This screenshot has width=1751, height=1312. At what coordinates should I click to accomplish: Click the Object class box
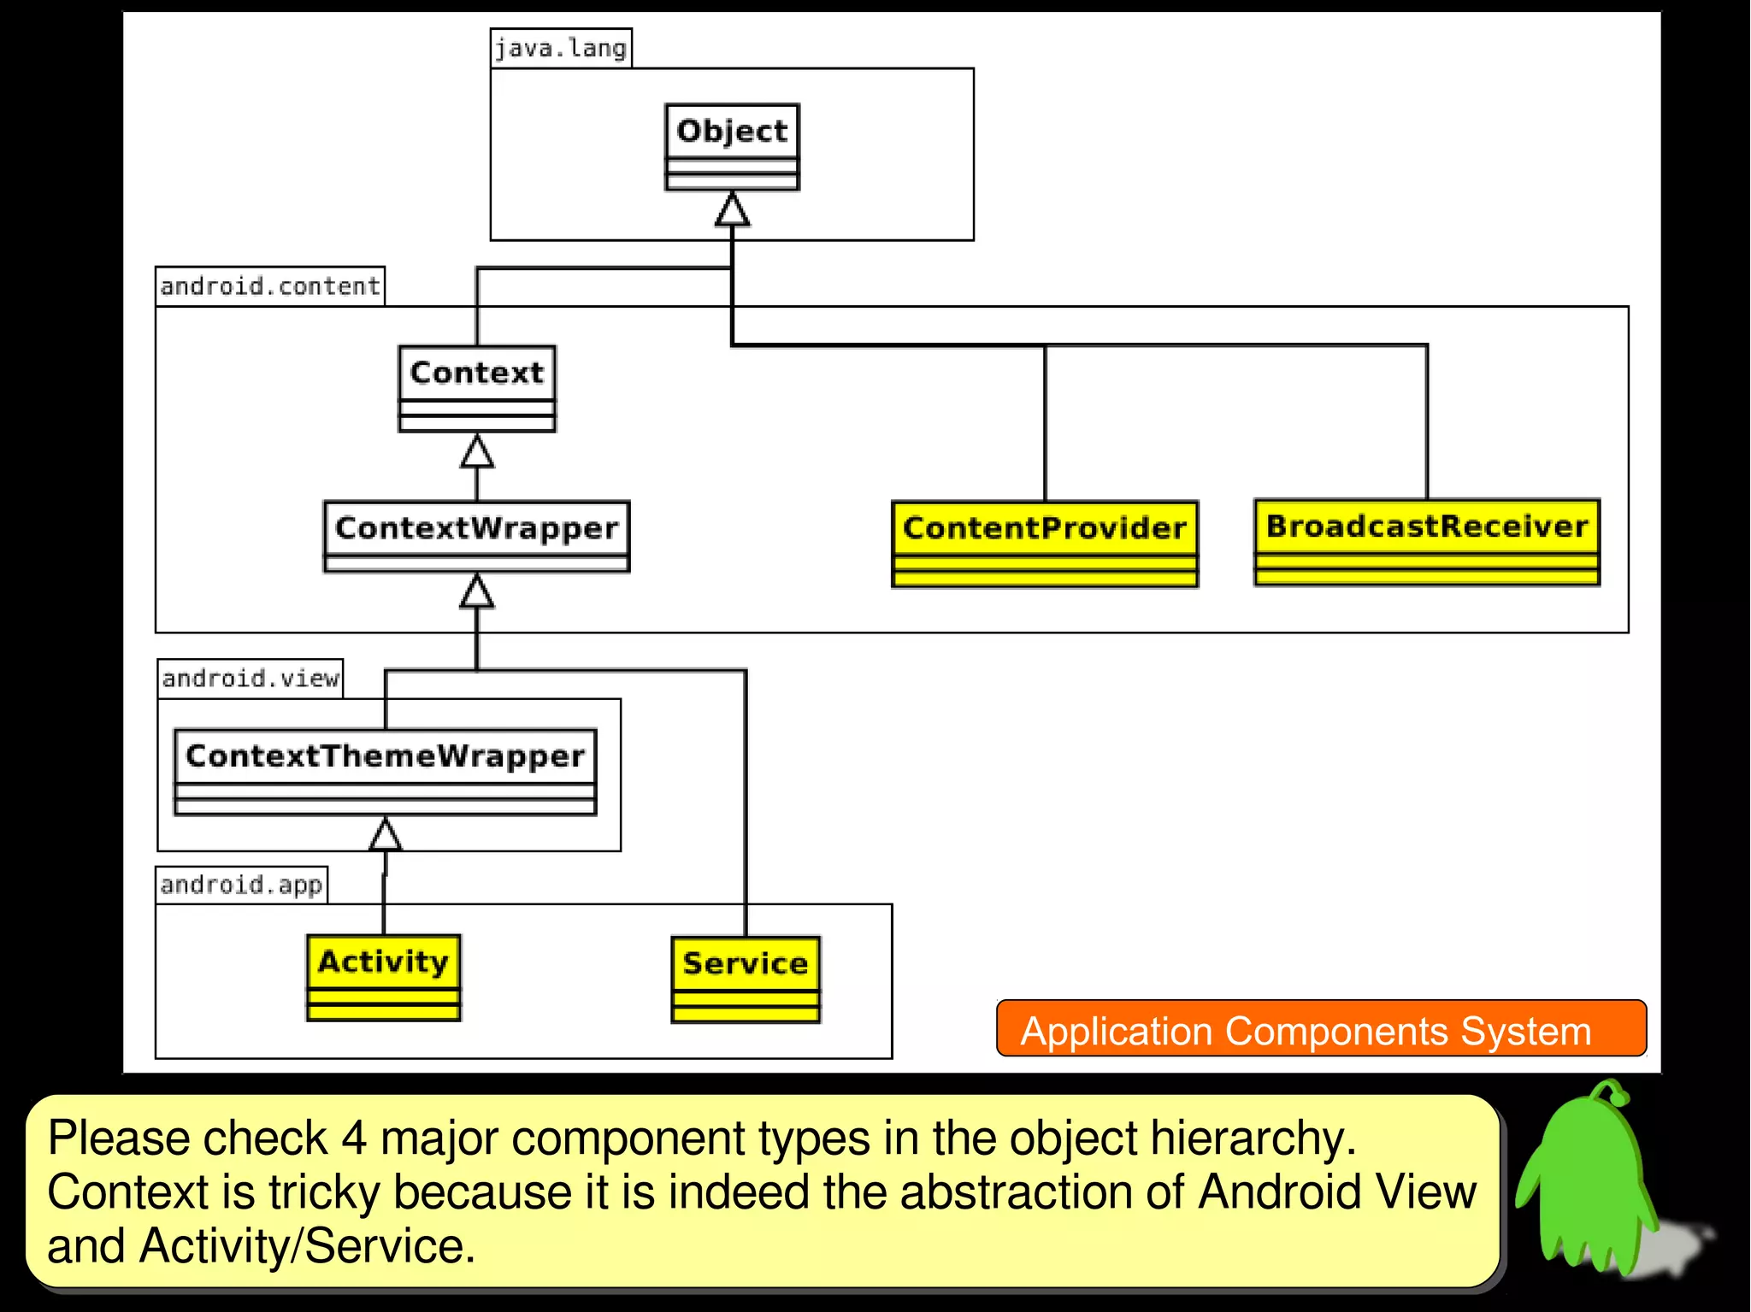coord(732,146)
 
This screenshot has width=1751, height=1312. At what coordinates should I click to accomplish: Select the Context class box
coord(477,388)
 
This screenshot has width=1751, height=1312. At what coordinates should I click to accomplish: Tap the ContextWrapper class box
coord(477,536)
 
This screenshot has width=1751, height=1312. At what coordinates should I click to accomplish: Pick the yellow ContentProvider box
coord(1045,544)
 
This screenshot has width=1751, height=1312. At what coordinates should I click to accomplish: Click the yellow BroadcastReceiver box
coord(1427,542)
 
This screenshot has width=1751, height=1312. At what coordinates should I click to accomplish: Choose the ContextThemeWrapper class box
coord(386,771)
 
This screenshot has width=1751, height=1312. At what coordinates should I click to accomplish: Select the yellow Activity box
coord(384,977)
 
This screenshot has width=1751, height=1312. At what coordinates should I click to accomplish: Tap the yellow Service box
coord(746,979)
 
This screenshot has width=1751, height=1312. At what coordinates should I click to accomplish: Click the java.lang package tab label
coord(561,48)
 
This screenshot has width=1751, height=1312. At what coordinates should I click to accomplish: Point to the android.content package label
coord(270,285)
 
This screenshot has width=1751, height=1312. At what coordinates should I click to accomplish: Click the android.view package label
coord(251,679)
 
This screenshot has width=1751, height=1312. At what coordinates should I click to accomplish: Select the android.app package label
coord(242,885)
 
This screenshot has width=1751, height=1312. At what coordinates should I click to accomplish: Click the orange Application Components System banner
coord(1321,1029)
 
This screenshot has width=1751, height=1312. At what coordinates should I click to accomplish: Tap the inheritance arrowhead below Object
coord(732,209)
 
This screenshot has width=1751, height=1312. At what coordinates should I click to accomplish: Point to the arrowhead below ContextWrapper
coord(477,591)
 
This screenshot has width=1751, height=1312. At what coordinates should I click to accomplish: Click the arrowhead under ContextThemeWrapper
coord(386,835)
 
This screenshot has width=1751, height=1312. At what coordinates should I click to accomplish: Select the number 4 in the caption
coord(354,1138)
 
